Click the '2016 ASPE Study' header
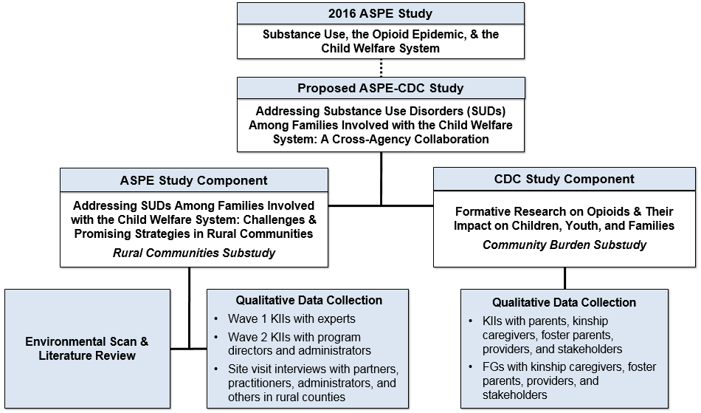tap(380, 14)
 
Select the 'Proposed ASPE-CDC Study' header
tap(380, 89)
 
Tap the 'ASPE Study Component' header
tap(193, 180)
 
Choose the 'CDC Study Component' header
tap(564, 179)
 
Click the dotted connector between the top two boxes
tap(381, 68)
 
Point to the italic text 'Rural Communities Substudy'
tap(193, 253)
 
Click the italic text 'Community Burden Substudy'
tap(564, 245)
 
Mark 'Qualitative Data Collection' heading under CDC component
tap(564, 302)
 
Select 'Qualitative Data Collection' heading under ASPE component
tap(308, 300)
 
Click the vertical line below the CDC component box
tap(564, 278)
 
